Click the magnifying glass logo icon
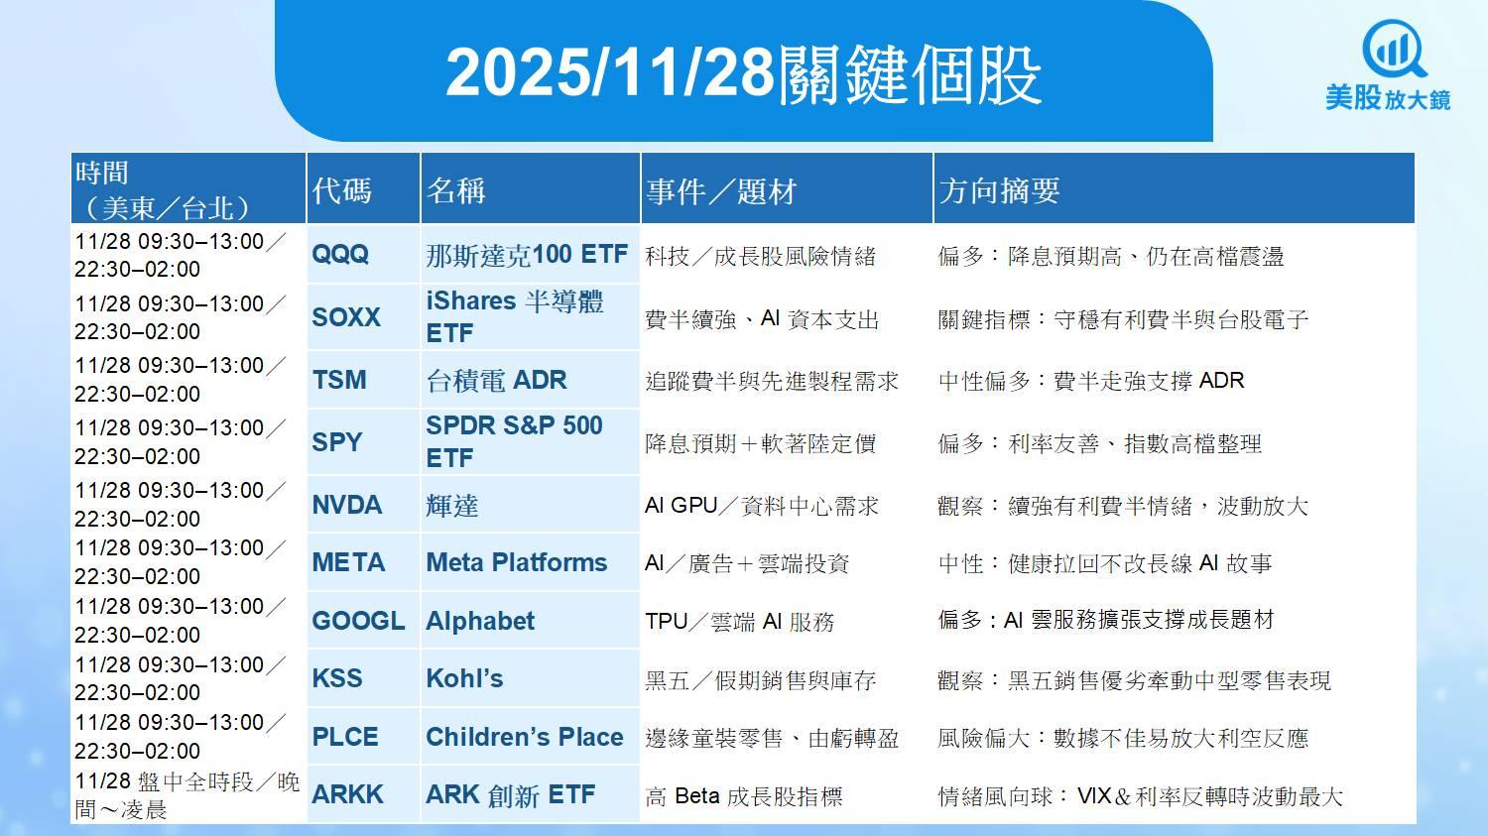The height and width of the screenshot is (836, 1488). pos(1393,51)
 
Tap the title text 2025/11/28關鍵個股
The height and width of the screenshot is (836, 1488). pos(743,73)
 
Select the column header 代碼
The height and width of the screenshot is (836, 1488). pos(341,190)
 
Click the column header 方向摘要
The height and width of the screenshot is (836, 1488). pos(998,190)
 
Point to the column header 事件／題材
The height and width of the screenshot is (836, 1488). pos(721,191)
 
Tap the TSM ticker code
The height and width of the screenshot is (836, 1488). pos(339,380)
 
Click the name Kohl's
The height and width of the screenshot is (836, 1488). pos(464,678)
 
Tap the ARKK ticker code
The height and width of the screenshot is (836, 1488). pos(347,794)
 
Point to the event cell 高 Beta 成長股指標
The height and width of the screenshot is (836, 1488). pos(743,795)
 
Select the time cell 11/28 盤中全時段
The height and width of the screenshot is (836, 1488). pos(186,795)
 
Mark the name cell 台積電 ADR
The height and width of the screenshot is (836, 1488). pos(496,380)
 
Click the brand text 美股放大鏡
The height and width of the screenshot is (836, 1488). pos(1388,98)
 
